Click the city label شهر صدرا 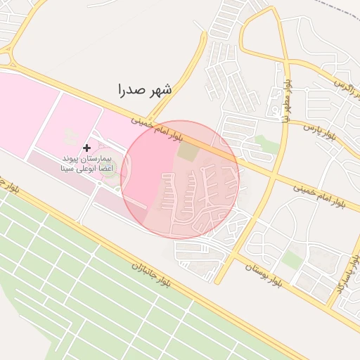click(x=146, y=90)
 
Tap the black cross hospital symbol click(x=87, y=148)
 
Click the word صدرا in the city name click(x=132, y=91)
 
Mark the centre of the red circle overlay click(x=180, y=179)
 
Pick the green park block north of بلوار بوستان click(x=292, y=259)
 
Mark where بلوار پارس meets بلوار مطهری click(x=290, y=123)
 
